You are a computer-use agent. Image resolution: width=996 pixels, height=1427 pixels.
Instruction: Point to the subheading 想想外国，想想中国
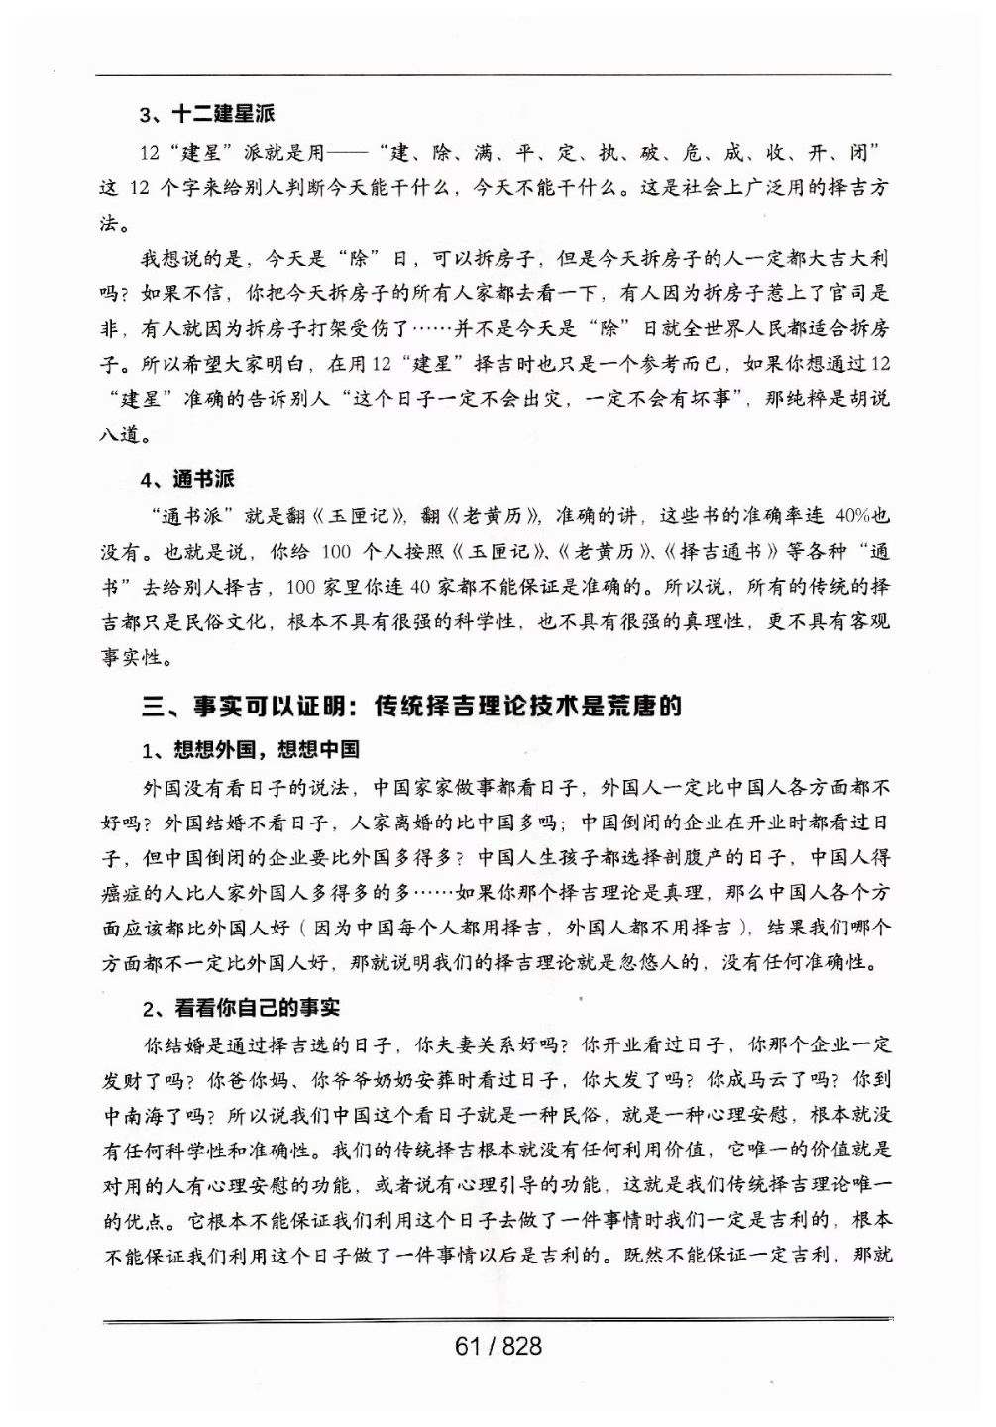point(267,749)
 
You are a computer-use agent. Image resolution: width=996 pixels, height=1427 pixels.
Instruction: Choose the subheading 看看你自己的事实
point(257,1008)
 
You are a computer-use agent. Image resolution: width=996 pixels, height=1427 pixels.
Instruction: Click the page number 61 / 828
point(498,1346)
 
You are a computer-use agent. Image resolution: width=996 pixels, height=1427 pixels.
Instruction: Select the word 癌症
point(124,891)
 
